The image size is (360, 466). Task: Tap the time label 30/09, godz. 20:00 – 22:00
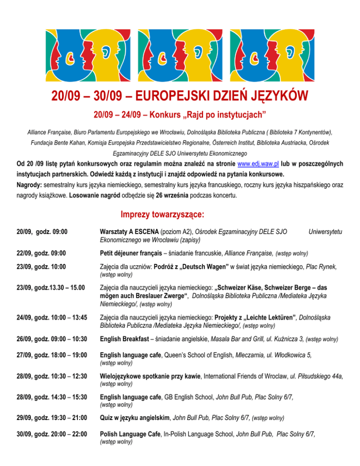(51, 436)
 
